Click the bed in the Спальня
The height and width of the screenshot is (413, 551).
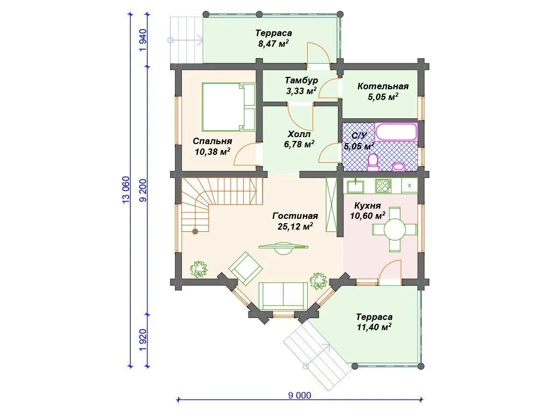pos(228,107)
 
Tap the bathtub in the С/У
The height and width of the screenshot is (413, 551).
pos(396,132)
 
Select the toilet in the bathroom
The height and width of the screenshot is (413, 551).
pos(372,162)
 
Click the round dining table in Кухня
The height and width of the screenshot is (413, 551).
pos(394,230)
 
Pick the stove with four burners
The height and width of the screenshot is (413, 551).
pos(383,186)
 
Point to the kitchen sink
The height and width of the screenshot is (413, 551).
pos(356,186)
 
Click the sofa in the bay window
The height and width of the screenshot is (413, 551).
pos(283,296)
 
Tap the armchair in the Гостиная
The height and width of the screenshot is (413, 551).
pos(245,268)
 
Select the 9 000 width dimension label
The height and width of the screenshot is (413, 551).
pos(300,395)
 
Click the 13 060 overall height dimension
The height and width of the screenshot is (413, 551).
pos(126,190)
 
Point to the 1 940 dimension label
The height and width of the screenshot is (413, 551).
pos(143,40)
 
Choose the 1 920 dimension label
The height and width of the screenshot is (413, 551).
pos(143,340)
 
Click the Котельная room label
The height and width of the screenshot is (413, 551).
pos(383,86)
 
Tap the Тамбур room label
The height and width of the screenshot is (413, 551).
pos(301,81)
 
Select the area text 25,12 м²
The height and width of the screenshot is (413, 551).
pos(295,226)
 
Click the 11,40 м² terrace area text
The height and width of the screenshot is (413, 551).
pos(374,327)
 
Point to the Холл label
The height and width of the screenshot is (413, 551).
pos(299,134)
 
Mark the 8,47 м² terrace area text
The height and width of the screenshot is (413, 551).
pos(273,44)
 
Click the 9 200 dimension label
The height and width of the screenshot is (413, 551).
pos(143,190)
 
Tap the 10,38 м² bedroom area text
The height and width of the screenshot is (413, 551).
pos(212,152)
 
